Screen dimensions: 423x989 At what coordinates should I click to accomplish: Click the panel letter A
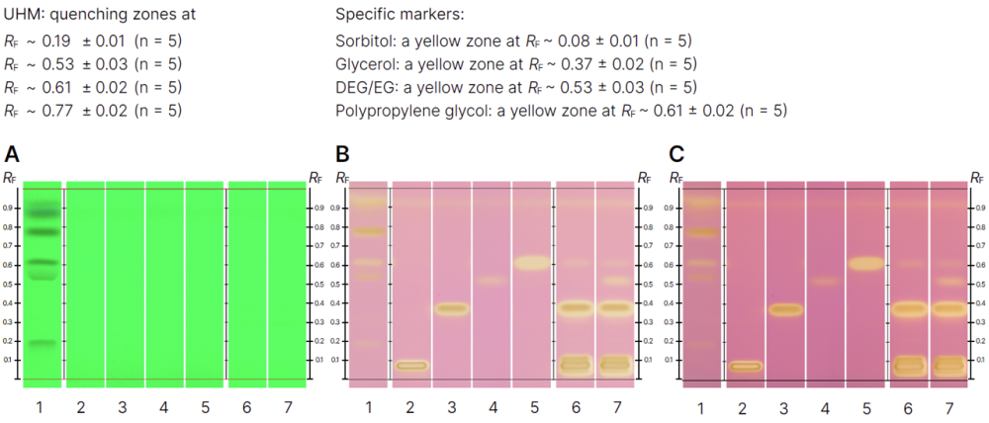click(x=12, y=154)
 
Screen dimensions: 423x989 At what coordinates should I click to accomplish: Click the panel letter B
click(x=343, y=154)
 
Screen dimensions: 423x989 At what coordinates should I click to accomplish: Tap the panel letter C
click(x=676, y=154)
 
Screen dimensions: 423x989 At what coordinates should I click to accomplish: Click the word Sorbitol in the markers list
click(x=362, y=41)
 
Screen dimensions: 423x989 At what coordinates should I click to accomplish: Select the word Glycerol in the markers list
click(x=364, y=64)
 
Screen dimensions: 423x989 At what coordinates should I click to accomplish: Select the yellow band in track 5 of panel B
click(x=531, y=263)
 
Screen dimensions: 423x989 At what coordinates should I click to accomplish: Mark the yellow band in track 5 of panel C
click(x=865, y=264)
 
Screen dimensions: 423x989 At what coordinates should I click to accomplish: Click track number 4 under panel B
click(x=492, y=406)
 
